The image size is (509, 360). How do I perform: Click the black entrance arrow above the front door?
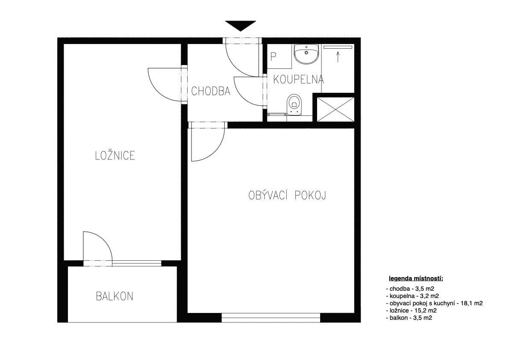pos(241,25)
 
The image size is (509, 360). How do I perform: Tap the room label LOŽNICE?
pos(115,156)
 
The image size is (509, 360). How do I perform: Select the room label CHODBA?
pos(211,91)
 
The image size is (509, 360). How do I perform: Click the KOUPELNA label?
pos(298,79)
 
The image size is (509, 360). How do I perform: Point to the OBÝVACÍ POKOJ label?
pos(287,196)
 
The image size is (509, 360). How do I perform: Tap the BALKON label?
pos(115,296)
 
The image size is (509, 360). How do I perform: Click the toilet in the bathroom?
pos(294,105)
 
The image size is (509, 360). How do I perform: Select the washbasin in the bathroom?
pos(306,54)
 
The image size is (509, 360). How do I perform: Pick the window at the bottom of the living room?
pos(271,318)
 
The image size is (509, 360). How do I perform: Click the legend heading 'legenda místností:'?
pos(415,279)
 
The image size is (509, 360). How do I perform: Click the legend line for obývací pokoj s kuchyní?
pos(434,303)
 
